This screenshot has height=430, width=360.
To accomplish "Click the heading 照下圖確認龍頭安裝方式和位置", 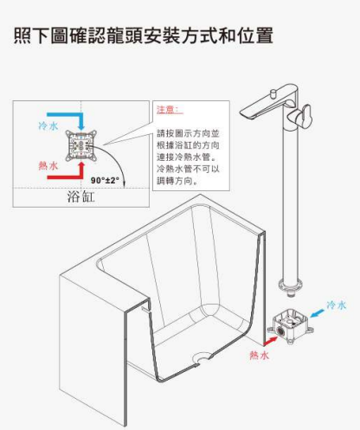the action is [x=144, y=35].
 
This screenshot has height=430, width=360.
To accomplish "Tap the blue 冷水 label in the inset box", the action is [x=48, y=126].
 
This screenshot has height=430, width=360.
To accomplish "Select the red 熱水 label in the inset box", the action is [x=48, y=165].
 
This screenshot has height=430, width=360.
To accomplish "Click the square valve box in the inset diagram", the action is [x=80, y=145].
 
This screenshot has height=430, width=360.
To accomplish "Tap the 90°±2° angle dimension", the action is [x=105, y=180].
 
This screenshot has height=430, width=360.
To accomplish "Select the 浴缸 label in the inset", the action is [x=80, y=196].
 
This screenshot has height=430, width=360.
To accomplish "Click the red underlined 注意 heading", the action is [x=170, y=110].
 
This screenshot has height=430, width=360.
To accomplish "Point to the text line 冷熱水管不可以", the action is [x=188, y=169].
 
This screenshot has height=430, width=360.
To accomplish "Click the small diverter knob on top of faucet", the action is [x=273, y=93].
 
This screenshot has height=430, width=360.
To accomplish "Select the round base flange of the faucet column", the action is [x=291, y=285].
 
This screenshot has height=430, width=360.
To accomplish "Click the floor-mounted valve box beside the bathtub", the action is [x=290, y=326].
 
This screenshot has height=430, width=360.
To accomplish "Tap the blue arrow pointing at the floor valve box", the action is [x=317, y=312].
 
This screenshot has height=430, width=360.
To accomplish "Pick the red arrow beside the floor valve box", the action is [x=271, y=341].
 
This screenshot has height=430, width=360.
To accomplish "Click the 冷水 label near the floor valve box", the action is [x=337, y=305].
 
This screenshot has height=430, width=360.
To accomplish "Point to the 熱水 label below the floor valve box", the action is [x=260, y=355].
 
